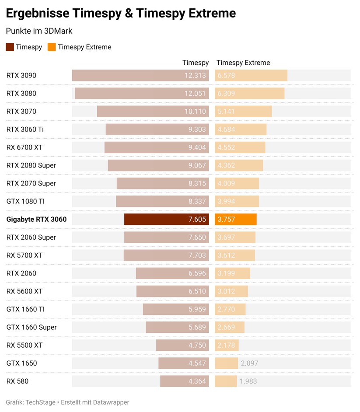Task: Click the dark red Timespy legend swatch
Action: click(x=10, y=47)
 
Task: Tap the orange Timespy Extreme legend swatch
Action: click(x=52, y=47)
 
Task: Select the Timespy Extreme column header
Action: click(x=243, y=63)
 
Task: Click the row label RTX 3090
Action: click(x=21, y=75)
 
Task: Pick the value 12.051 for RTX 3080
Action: click(x=195, y=94)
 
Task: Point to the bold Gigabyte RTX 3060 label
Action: click(x=36, y=219)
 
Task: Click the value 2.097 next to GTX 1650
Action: click(x=249, y=363)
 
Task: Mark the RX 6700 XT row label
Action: click(x=24, y=147)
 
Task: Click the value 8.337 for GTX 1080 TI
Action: click(x=197, y=201)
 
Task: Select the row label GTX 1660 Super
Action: click(x=31, y=327)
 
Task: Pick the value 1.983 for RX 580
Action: click(x=248, y=381)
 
